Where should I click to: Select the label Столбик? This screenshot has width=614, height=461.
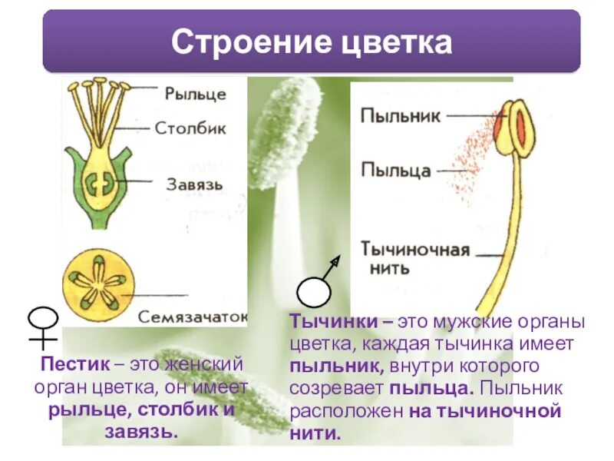point(190,128)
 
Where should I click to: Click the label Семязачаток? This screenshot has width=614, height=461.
point(193,316)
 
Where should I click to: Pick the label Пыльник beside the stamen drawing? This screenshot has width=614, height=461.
point(400,117)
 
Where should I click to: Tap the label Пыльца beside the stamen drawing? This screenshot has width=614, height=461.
point(395,170)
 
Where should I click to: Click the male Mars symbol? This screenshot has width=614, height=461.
point(318,284)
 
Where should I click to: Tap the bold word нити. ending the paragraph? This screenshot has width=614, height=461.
point(315,433)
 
